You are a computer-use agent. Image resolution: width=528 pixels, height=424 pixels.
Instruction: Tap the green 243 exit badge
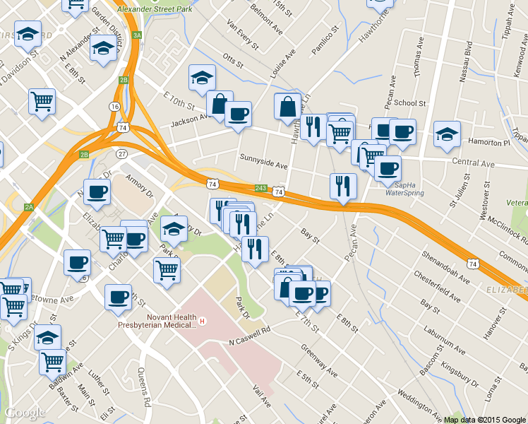260,188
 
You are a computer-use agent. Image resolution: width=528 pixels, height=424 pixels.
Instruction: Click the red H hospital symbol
203,322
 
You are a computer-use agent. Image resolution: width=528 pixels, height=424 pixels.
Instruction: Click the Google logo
25,413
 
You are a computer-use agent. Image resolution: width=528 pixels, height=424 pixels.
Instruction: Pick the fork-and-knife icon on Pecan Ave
343,186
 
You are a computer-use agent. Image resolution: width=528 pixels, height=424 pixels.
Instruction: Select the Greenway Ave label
319,360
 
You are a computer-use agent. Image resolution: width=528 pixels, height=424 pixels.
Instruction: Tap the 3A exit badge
137,35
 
